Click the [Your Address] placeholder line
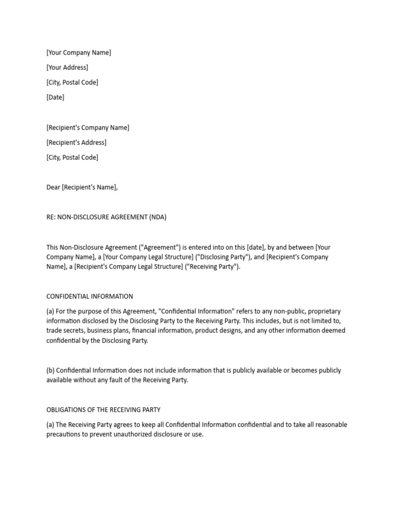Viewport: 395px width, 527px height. tap(67, 67)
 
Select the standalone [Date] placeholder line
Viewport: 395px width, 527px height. tap(55, 97)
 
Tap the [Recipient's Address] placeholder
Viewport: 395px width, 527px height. tap(76, 143)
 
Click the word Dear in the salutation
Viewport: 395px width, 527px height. tap(53, 187)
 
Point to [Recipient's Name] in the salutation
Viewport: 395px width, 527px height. tap(89, 187)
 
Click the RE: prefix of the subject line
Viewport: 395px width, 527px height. tap(51, 217)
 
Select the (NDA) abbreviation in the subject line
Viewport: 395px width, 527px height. tap(158, 217)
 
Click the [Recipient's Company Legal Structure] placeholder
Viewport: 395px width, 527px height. tap(129, 267)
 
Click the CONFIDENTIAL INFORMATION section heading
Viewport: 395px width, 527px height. tap(89, 296)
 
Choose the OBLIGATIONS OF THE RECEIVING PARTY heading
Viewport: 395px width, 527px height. tap(103, 410)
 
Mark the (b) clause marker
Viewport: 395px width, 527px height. tap(50, 371)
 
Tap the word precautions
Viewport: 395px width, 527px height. tap(65, 434)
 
